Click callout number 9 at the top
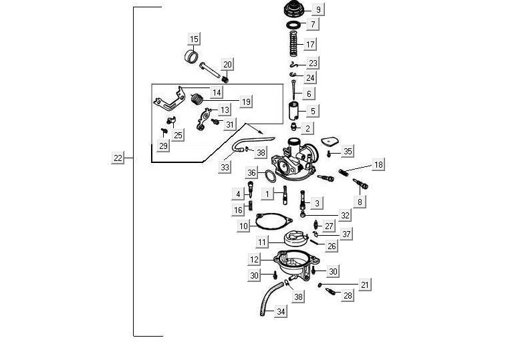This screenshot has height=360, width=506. point(318,9)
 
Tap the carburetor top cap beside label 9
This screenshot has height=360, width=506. point(292,10)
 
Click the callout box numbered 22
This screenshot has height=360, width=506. point(118,158)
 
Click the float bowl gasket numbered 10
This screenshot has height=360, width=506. point(273,220)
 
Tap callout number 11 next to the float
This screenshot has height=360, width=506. point(262,241)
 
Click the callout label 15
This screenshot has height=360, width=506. point(194,38)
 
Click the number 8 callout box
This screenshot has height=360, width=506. point(360,201)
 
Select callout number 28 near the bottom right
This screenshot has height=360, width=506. point(348,295)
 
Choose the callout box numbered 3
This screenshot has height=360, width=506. point(318,202)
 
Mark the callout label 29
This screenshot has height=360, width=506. point(164,146)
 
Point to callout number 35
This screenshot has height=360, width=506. point(347,151)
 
